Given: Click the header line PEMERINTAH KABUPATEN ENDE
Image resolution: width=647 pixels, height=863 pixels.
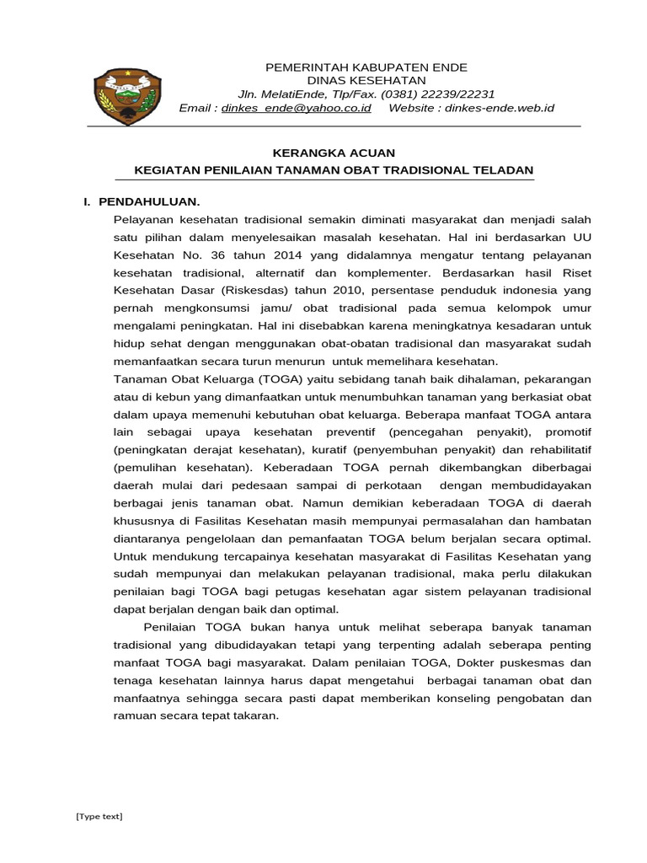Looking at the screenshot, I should pos(366,67).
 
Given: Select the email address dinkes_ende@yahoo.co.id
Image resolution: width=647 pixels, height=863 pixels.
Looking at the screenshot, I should pos(295,108).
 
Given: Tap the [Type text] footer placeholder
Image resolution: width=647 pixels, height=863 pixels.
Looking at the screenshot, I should pos(99,816).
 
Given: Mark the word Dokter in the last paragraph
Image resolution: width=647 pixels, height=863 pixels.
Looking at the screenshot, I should pos(497,662).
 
